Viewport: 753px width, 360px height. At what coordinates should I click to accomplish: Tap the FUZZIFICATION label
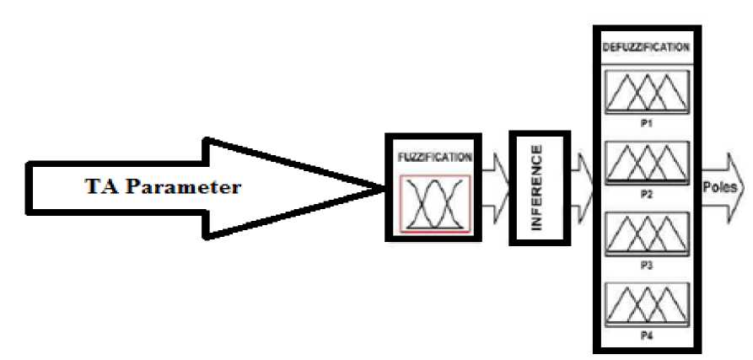pos(433,157)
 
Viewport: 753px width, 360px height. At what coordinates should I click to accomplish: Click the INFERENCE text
pos(536,186)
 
